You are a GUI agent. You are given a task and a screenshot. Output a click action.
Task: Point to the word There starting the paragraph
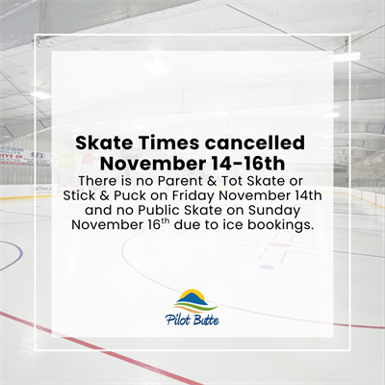105,182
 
